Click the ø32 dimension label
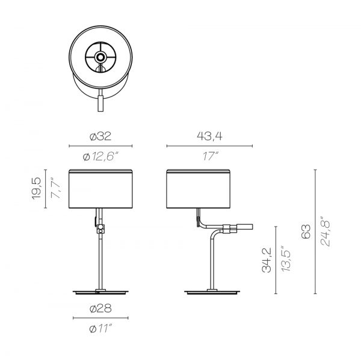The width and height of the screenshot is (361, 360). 100,136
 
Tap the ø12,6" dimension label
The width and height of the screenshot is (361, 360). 100,157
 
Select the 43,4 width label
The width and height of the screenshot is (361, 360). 209,136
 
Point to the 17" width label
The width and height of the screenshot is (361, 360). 210,156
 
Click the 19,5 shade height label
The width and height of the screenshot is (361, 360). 36,189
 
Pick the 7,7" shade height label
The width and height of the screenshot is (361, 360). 56,188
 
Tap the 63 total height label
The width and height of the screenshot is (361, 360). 306,231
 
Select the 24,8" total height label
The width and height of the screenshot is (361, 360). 325,231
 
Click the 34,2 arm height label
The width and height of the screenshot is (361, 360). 267,260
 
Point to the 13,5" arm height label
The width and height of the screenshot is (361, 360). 286,260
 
